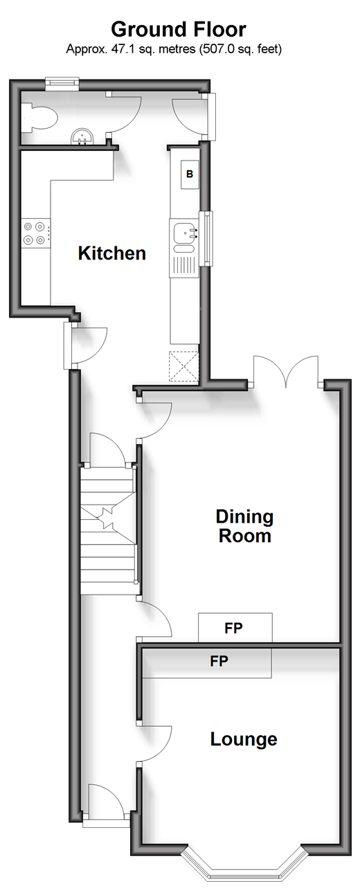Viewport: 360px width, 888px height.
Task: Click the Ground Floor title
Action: coord(179,29)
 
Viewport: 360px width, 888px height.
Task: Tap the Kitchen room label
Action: coord(111,253)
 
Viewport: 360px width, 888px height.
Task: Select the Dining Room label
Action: coord(244,526)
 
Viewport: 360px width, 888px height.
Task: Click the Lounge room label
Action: coord(244,739)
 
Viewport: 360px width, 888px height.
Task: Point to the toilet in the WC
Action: coord(39,116)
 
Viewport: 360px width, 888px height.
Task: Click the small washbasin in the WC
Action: coord(83,136)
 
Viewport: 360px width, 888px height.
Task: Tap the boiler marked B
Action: coord(190,174)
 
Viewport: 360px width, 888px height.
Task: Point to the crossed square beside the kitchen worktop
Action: coord(183,366)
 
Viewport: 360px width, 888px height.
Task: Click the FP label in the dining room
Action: coord(233,628)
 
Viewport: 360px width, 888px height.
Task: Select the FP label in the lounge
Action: coord(219,661)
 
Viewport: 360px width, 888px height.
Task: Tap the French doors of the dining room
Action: coord(286,370)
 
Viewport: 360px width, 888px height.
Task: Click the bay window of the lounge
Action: coord(244,870)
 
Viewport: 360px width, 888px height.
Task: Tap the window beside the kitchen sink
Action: coord(208,238)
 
